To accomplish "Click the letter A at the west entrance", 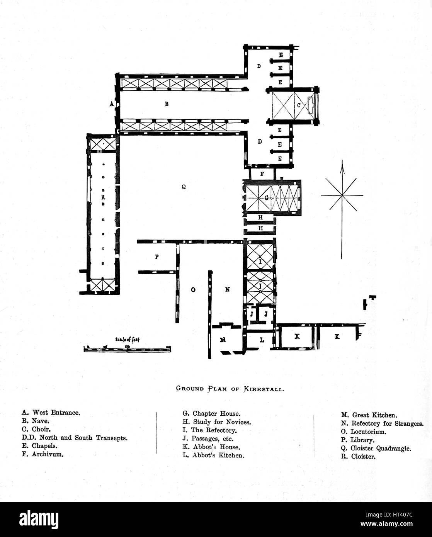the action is click(111, 104).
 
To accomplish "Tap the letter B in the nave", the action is click(167, 104).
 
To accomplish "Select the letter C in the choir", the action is click(298, 105).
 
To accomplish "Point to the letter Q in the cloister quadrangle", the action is click(184, 187).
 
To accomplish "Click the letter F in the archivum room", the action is click(262, 174).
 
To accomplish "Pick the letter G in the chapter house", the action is click(266, 198).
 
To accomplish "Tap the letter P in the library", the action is click(156, 256).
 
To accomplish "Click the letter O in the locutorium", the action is click(192, 289).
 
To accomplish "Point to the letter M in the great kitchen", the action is click(223, 340).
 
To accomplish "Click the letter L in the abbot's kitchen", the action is click(262, 340).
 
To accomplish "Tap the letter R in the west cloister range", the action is click(103, 197).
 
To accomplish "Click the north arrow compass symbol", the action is click(342, 195).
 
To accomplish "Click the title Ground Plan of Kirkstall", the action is click(231, 389).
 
